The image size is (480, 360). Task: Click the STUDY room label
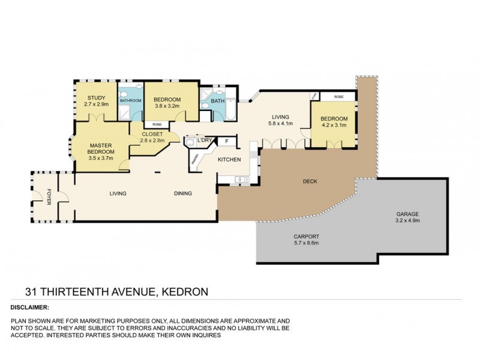click(96, 98)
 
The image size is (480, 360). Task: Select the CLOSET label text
click(152, 134)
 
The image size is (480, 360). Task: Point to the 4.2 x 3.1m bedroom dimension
click(334, 125)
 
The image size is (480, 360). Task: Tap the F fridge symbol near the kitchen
click(226, 142)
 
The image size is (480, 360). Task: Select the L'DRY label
click(206, 140)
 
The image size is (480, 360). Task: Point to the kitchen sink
click(242, 179)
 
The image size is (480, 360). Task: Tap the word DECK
click(310, 181)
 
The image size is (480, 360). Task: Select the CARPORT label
click(307, 236)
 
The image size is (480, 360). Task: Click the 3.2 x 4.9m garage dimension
click(407, 221)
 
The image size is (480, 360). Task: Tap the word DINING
click(182, 194)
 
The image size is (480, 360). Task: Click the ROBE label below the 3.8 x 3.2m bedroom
click(156, 124)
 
